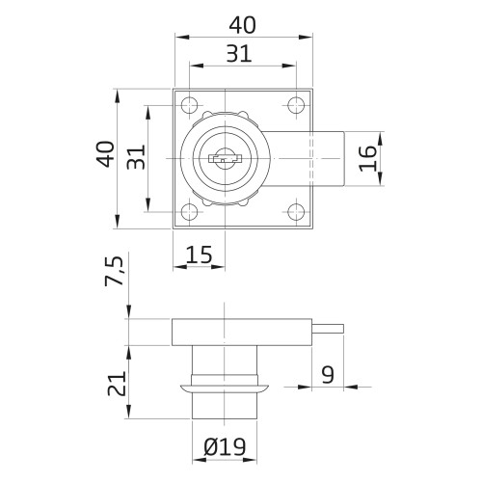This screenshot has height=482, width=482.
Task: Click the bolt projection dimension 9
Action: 329,373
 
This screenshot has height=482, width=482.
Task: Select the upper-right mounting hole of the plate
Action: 295,105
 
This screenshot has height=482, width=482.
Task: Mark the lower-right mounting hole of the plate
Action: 295,210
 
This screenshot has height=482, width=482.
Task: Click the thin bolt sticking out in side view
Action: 330,329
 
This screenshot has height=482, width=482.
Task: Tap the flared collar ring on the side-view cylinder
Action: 223,387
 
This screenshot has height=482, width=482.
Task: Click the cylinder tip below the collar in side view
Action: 223,406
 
